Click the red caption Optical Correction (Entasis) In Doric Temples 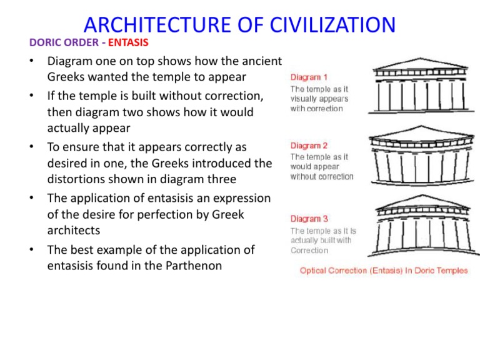click(384, 271)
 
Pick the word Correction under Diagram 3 click(309, 250)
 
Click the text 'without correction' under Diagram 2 click(321, 176)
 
